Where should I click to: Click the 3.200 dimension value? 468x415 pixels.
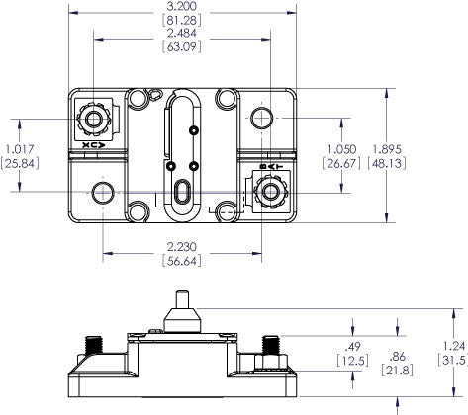(x=184, y=6)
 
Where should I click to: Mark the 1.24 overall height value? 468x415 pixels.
(x=450, y=345)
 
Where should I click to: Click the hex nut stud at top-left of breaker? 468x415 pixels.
(x=95, y=122)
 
